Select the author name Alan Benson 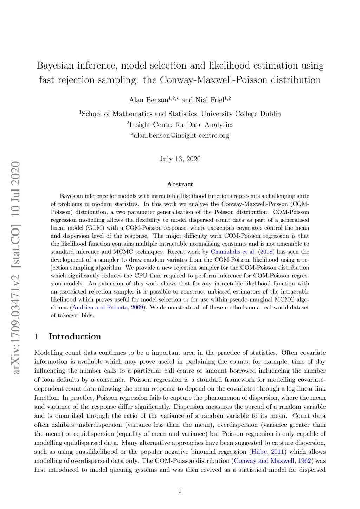pyautogui.click(x=148, y=100)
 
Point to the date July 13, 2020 pyautogui.click(x=180, y=159)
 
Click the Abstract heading pyautogui.click(x=180, y=184)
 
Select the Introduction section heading pyautogui.click(x=75, y=336)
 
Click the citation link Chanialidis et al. pyautogui.click(x=233, y=252)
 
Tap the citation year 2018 pyautogui.click(x=266, y=252)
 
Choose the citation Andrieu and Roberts pyautogui.click(x=99, y=308)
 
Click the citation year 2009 pyautogui.click(x=137, y=308)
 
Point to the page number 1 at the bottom pyautogui.click(x=180, y=491)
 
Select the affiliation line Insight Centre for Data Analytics pyautogui.click(x=181, y=125)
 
